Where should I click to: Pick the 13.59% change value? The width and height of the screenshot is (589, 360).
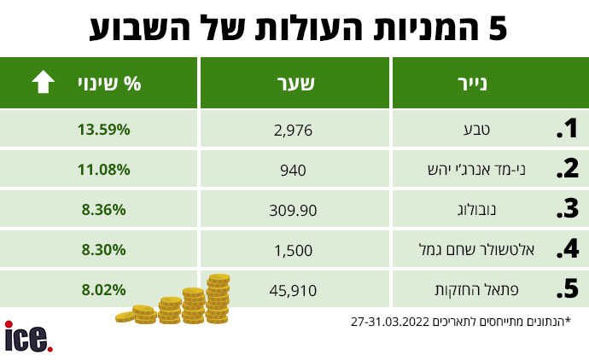[104, 130]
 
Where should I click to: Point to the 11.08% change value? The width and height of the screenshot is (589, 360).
[104, 170]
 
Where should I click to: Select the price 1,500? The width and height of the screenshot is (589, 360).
[295, 250]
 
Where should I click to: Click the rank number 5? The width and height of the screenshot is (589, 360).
[567, 290]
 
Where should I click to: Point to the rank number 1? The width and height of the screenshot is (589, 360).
[567, 131]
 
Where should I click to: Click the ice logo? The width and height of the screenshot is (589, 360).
[29, 337]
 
